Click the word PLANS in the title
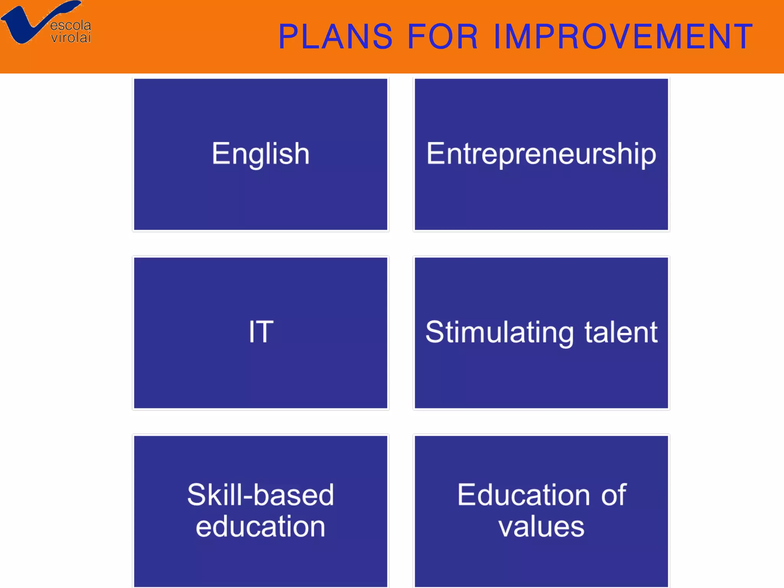pyautogui.click(x=335, y=37)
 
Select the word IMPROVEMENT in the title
pyautogui.click(x=623, y=37)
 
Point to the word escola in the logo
pyautogui.click(x=71, y=26)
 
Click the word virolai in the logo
pyautogui.click(x=71, y=38)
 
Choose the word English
pyautogui.click(x=261, y=154)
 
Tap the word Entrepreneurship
pyautogui.click(x=541, y=154)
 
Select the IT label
pyautogui.click(x=261, y=332)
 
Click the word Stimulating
pyautogui.click(x=500, y=333)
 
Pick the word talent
pyautogui.click(x=621, y=332)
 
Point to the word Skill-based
pyautogui.click(x=261, y=495)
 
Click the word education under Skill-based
pyautogui.click(x=261, y=527)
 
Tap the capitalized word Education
pyautogui.click(x=524, y=495)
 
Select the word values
pyautogui.click(x=541, y=527)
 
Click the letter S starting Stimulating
pyautogui.click(x=435, y=332)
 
